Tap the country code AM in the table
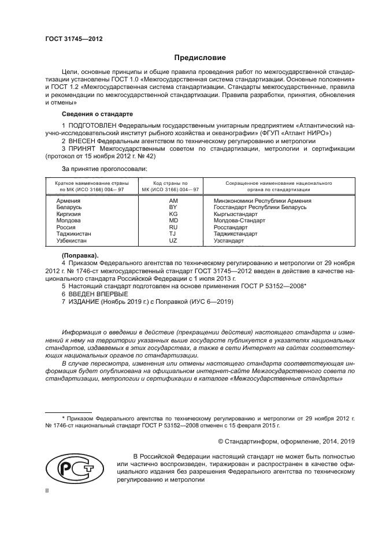point(172,200)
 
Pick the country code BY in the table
point(172,207)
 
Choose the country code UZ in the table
point(172,240)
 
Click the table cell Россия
point(65,227)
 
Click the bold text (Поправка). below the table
point(80,255)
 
